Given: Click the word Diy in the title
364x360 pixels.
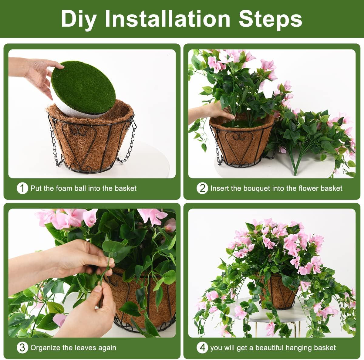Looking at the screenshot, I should [x=79, y=19].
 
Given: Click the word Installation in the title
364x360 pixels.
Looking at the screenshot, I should [x=167, y=19].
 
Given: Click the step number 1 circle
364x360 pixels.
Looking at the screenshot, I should [x=22, y=188].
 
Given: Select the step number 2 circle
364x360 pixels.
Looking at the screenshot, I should [x=202, y=188].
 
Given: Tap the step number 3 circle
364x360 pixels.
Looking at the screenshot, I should [x=22, y=348].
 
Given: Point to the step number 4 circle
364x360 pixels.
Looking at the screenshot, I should [x=202, y=348].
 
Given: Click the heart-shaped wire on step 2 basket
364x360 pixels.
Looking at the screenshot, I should [x=240, y=143].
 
